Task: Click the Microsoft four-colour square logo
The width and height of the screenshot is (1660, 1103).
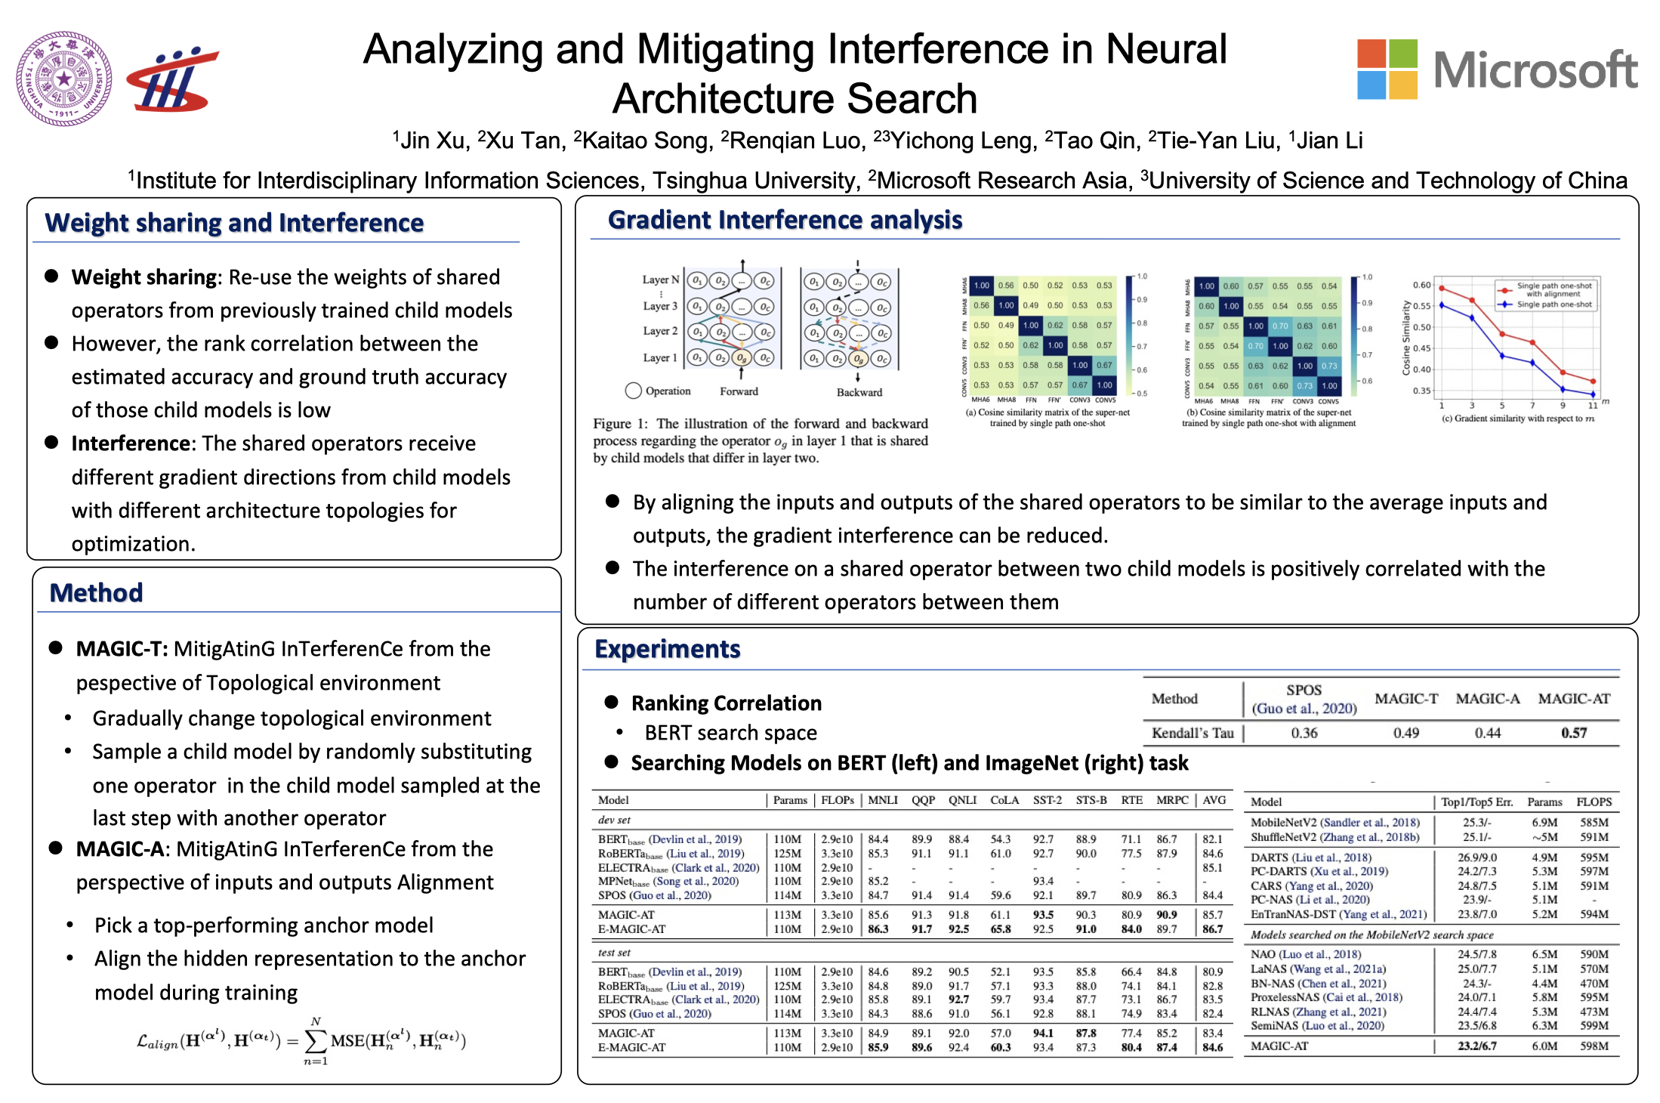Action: tap(1387, 69)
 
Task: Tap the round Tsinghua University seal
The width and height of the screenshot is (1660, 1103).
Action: tap(64, 78)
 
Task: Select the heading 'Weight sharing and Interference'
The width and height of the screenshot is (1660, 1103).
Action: tap(234, 223)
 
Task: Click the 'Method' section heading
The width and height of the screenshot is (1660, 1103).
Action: tap(96, 592)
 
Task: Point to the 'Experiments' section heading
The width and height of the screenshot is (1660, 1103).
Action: tap(667, 649)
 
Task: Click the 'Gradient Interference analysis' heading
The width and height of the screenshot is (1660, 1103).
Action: tap(785, 220)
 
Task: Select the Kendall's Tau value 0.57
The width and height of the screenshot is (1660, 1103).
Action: tap(1574, 732)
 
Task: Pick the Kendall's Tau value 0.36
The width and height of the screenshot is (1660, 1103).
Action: tap(1304, 732)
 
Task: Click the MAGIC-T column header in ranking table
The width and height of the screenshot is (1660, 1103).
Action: tap(1406, 699)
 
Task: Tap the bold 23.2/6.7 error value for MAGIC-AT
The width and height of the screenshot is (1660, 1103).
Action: tap(1476, 1046)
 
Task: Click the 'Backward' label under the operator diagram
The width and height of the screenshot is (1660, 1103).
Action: tap(859, 392)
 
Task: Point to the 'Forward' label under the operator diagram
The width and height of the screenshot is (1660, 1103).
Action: tap(739, 391)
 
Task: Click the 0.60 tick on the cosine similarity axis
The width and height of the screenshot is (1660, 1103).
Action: tap(1421, 285)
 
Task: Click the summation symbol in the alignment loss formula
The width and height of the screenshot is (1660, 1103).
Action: tap(316, 1041)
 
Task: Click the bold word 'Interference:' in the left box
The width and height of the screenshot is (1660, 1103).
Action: tap(133, 443)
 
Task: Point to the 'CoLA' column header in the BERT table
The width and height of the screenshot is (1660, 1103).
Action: tap(1004, 800)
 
